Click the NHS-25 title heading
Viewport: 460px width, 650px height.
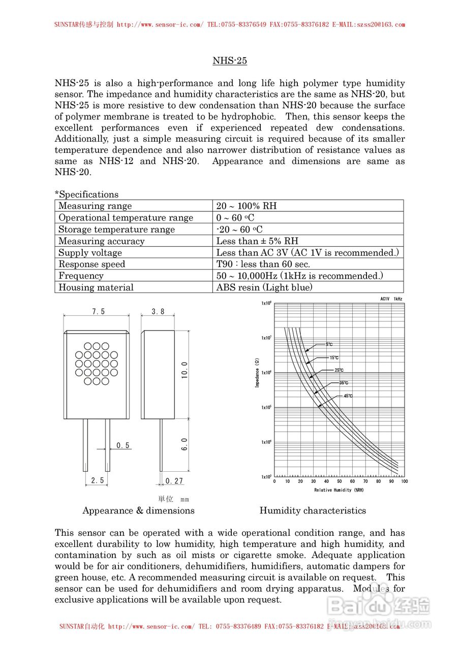(x=230, y=61)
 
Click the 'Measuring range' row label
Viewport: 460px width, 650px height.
(x=95, y=206)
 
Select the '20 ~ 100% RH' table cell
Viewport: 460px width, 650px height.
(x=247, y=206)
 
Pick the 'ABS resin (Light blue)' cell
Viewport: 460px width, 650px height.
(x=264, y=287)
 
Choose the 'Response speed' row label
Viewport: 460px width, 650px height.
(x=91, y=264)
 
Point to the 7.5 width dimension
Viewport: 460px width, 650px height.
(x=99, y=312)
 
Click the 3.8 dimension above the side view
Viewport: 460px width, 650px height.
(x=158, y=312)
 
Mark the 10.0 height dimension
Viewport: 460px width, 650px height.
(x=185, y=370)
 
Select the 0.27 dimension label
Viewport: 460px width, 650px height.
(x=174, y=481)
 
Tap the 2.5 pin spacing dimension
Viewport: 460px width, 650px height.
(x=98, y=480)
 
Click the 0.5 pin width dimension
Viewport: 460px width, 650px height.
(x=123, y=445)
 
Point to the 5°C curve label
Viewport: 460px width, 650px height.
(x=329, y=344)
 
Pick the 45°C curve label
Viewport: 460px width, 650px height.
(x=348, y=396)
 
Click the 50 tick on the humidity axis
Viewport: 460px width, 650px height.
(x=340, y=481)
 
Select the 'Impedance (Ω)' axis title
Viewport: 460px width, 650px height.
(x=257, y=373)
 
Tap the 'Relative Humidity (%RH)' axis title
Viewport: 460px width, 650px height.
(x=339, y=490)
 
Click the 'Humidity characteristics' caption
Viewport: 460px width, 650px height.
(x=313, y=511)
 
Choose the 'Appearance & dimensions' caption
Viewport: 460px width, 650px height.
(x=138, y=511)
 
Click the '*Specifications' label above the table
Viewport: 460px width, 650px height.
(x=86, y=194)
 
